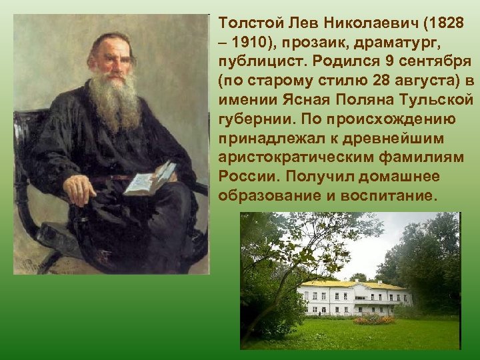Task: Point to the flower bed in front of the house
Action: tap(373, 320)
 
